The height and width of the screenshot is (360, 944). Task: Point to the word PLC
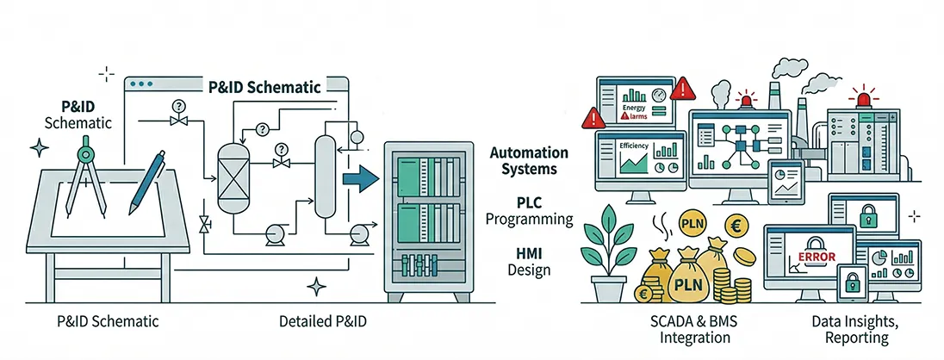tap(529, 202)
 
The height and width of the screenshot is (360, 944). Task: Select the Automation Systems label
tap(523, 160)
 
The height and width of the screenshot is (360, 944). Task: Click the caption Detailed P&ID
tap(323, 321)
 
